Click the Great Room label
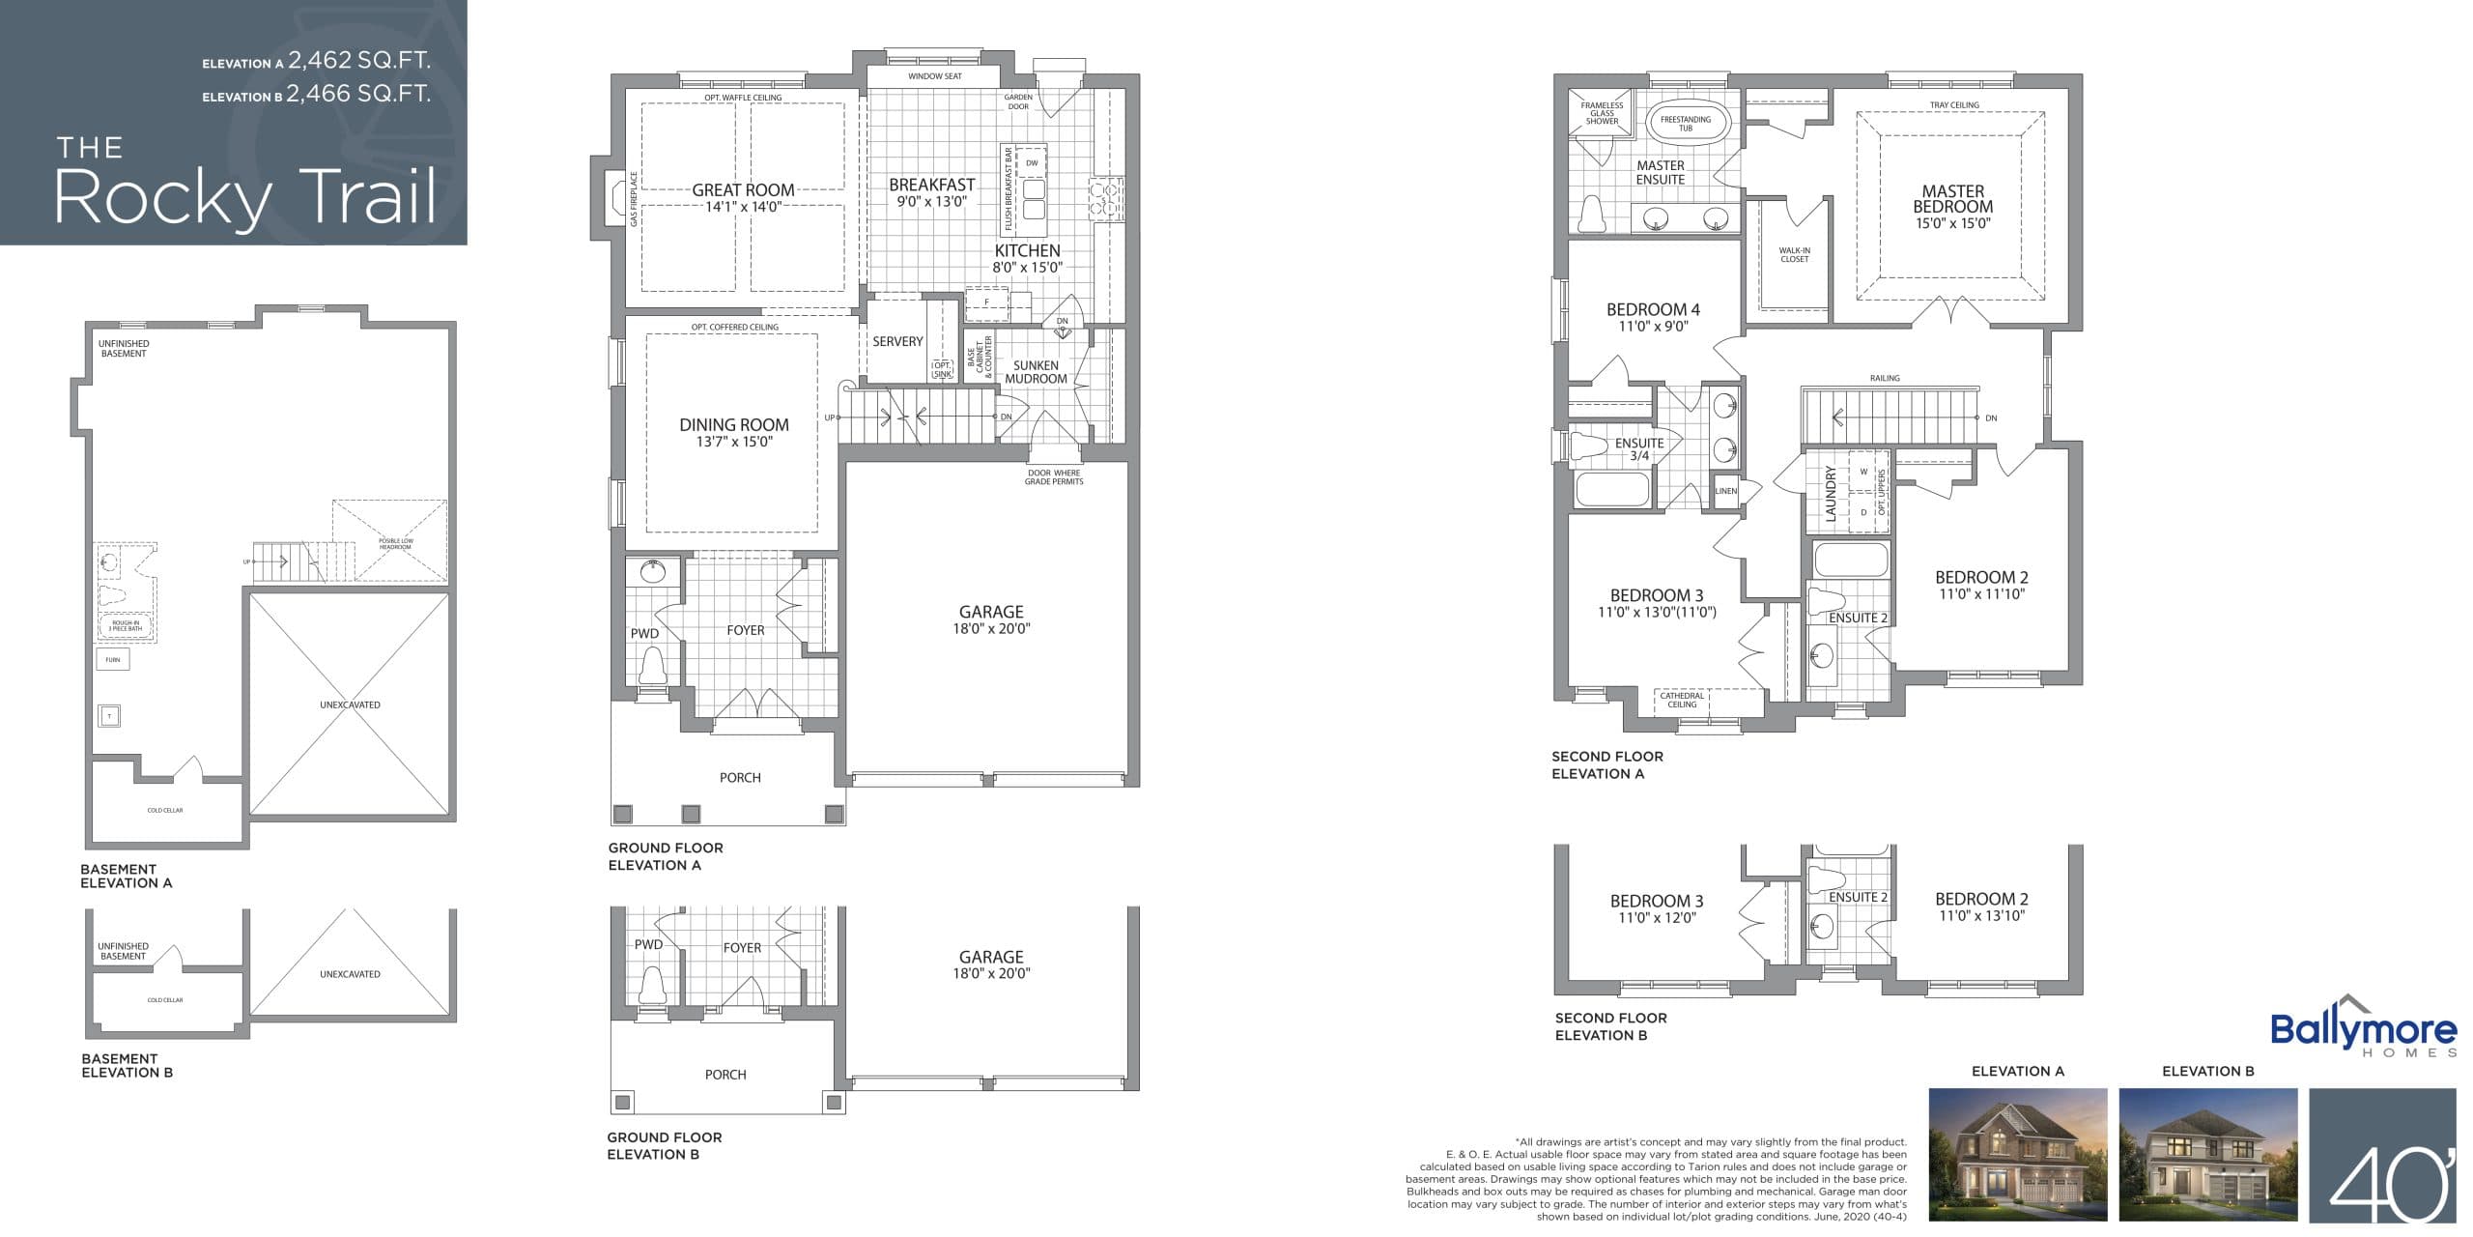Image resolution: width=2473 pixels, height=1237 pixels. click(743, 190)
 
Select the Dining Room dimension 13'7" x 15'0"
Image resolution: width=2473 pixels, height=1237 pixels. click(734, 443)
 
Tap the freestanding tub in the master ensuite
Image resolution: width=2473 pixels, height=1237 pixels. click(1685, 123)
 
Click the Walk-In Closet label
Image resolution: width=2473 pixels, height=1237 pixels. click(1794, 255)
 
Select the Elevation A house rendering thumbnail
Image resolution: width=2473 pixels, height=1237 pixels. click(2017, 1154)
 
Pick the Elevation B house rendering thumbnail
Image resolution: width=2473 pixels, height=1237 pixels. click(2207, 1154)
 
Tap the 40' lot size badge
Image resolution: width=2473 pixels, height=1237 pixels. click(2381, 1154)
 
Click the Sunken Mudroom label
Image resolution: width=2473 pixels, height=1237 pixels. click(1036, 372)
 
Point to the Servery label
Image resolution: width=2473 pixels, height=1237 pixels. click(897, 342)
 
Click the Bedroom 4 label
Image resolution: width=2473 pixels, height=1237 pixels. click(1653, 310)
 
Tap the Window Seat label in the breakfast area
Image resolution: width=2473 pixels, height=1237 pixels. click(934, 76)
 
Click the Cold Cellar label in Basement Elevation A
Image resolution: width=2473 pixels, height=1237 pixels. click(165, 810)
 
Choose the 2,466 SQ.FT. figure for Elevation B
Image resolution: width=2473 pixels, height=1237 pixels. click(358, 94)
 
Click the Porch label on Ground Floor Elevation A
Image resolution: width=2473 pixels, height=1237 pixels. click(740, 778)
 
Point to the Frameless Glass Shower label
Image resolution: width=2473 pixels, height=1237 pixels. click(1602, 113)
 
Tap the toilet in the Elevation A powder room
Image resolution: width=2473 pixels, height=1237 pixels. click(653, 666)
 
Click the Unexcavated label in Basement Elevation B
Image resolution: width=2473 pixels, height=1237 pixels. click(350, 974)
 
